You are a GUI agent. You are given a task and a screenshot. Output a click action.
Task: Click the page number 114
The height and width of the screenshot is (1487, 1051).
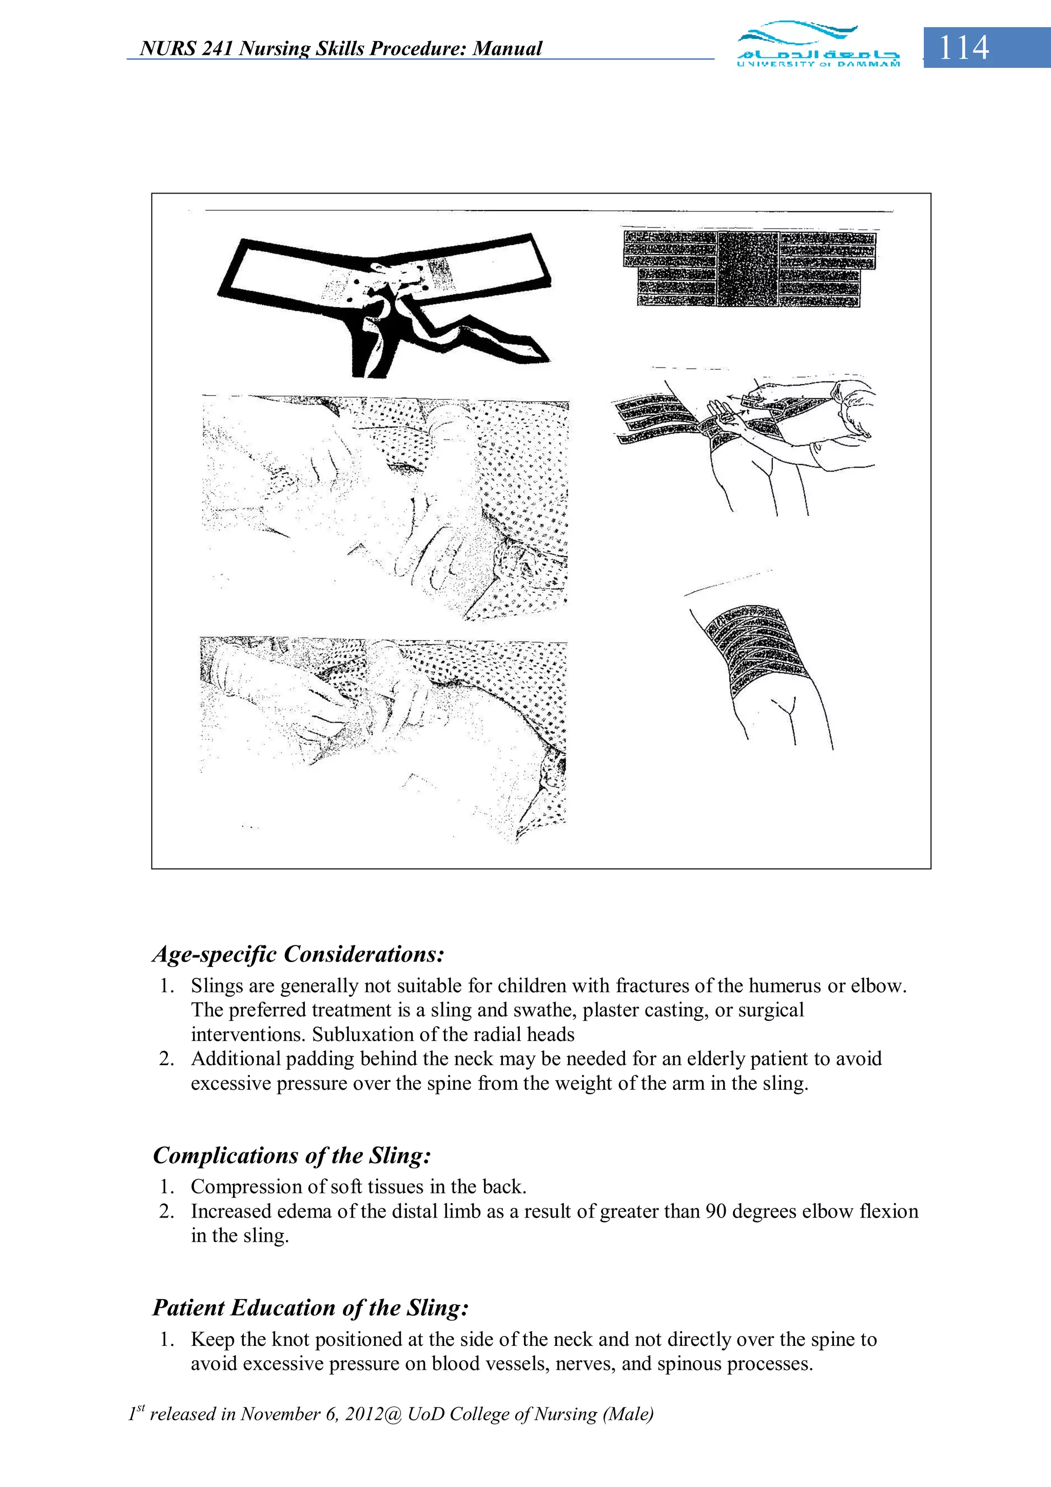(964, 47)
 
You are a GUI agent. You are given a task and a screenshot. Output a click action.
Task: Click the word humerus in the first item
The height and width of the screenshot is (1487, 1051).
(786, 986)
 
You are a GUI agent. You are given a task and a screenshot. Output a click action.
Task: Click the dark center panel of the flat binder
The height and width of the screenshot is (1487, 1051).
(748, 267)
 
